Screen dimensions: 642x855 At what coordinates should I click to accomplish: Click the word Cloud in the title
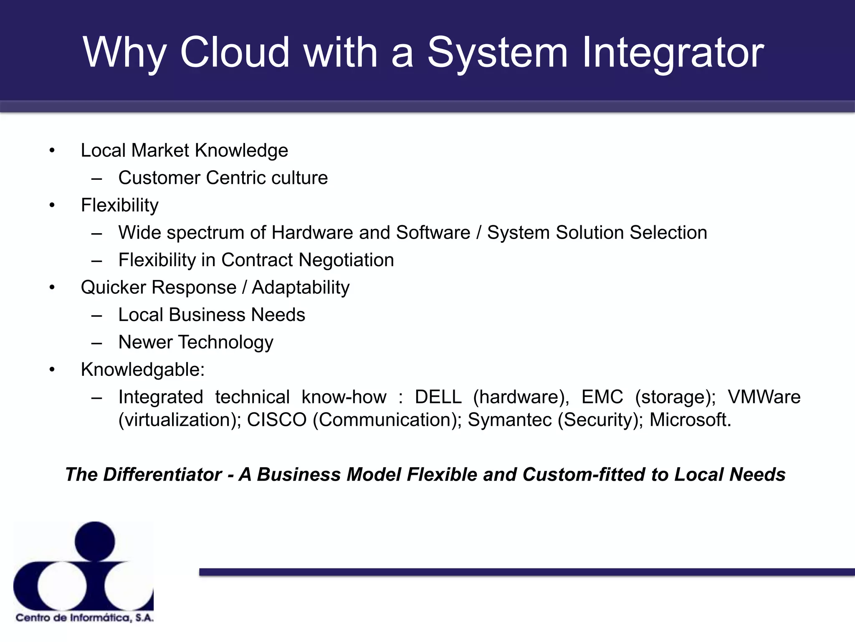pyautogui.click(x=234, y=52)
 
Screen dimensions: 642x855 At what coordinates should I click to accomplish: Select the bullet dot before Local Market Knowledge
pyautogui.click(x=52, y=150)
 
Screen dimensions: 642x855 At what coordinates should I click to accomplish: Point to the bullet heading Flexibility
pyautogui.click(x=119, y=205)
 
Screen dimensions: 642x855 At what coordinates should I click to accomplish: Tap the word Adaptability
pyautogui.click(x=301, y=288)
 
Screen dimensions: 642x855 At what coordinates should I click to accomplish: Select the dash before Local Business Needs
pyautogui.click(x=97, y=316)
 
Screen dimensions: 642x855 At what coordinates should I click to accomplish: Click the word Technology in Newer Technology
pyautogui.click(x=225, y=342)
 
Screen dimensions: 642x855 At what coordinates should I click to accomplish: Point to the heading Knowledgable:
pyautogui.click(x=142, y=369)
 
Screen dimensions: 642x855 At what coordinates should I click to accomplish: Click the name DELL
pyautogui.click(x=438, y=397)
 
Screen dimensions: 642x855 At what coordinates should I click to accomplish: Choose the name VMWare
pyautogui.click(x=764, y=397)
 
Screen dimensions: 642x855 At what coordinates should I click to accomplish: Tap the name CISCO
pyautogui.click(x=276, y=420)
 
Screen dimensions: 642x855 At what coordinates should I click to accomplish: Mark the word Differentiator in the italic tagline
pyautogui.click(x=162, y=475)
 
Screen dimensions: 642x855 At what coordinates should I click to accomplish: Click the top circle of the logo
pyautogui.click(x=95, y=541)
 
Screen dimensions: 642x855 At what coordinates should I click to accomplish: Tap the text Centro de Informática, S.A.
pyautogui.click(x=85, y=618)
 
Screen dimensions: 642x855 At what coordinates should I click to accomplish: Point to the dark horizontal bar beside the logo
pyautogui.click(x=526, y=572)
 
